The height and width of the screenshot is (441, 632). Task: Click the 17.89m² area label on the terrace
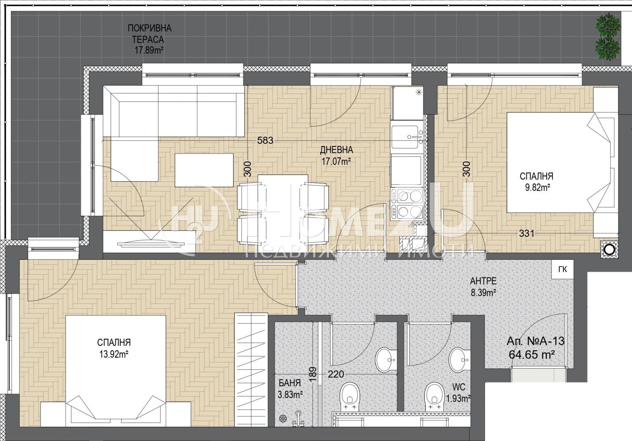click(150, 50)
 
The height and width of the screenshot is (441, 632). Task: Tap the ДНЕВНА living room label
click(336, 149)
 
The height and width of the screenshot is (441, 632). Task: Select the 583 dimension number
click(266, 140)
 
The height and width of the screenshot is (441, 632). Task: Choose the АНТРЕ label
click(483, 281)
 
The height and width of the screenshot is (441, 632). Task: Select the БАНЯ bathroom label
click(290, 383)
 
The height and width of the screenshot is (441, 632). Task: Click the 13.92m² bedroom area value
click(114, 354)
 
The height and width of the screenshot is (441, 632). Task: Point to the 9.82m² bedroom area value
click(536, 187)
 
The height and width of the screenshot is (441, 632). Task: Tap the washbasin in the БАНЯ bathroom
click(385, 360)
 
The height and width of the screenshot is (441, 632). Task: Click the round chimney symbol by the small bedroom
click(609, 250)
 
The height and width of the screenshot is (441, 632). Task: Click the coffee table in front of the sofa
click(204, 170)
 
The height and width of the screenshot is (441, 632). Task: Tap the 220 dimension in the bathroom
click(336, 374)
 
